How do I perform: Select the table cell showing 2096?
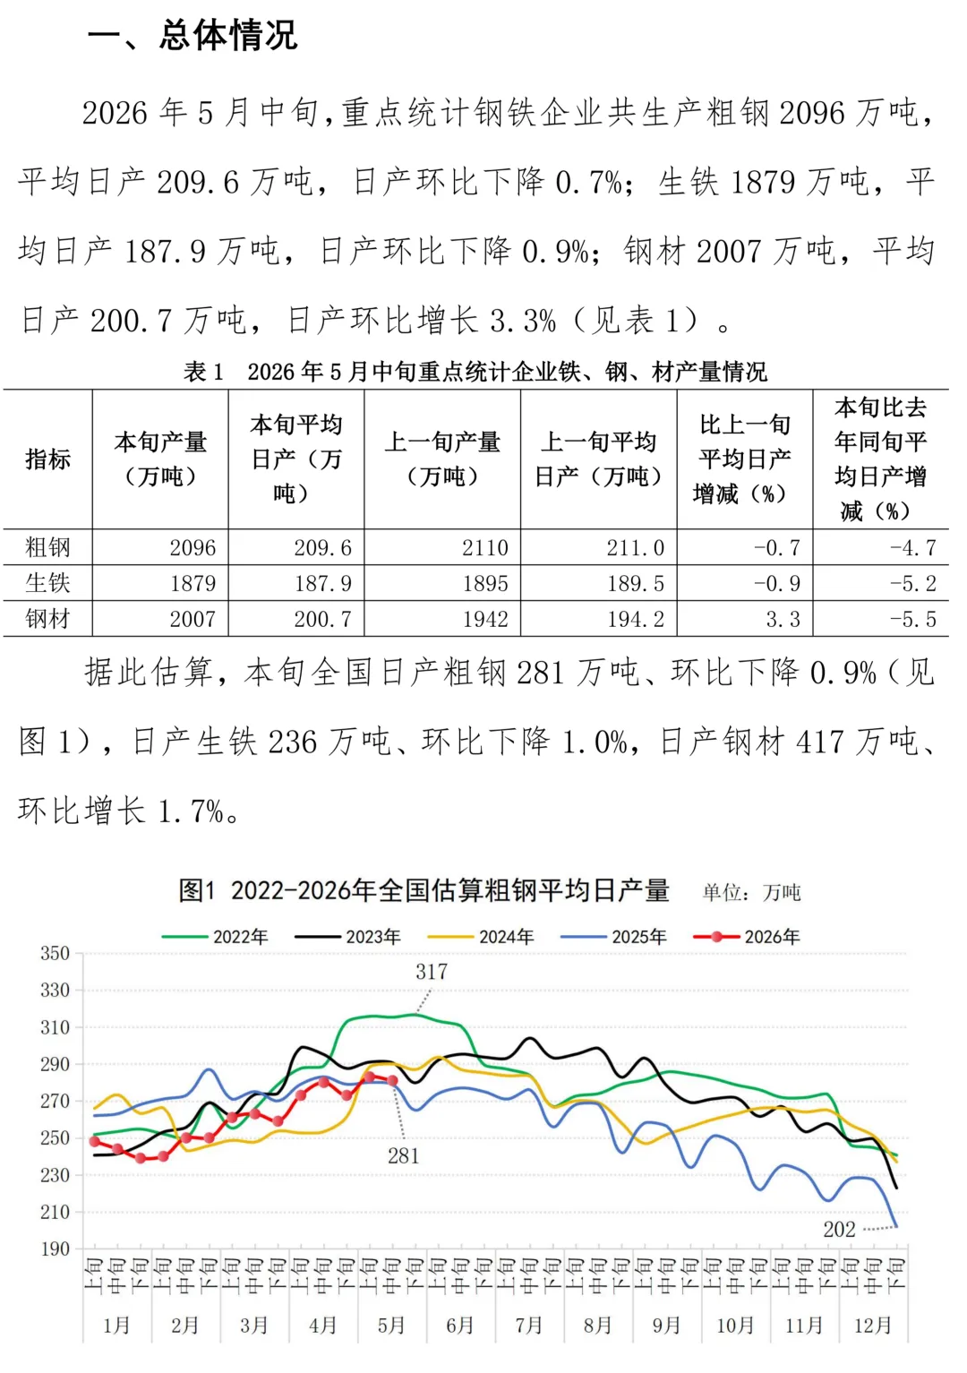pyautogui.click(x=193, y=547)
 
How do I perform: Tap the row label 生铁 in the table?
pyautogui.click(x=47, y=583)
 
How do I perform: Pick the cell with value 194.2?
pyautogui.click(x=635, y=619)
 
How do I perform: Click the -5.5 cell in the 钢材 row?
pyautogui.click(x=913, y=619)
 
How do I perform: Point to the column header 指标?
pyautogui.click(x=47, y=459)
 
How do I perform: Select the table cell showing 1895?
pyautogui.click(x=484, y=583)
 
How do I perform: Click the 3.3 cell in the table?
pyautogui.click(x=783, y=619)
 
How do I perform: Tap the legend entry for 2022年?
pyautogui.click(x=215, y=937)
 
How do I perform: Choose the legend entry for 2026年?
pyautogui.click(x=746, y=937)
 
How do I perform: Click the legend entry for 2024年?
pyautogui.click(x=481, y=937)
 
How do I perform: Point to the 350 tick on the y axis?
pyautogui.click(x=56, y=953)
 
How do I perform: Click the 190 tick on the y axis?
pyautogui.click(x=56, y=1249)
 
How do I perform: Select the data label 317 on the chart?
pyautogui.click(x=432, y=972)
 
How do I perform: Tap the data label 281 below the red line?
pyautogui.click(x=403, y=1156)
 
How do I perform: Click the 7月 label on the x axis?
pyautogui.click(x=528, y=1326)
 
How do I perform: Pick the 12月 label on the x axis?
pyautogui.click(x=873, y=1326)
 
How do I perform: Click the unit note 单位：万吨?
pyautogui.click(x=751, y=892)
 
